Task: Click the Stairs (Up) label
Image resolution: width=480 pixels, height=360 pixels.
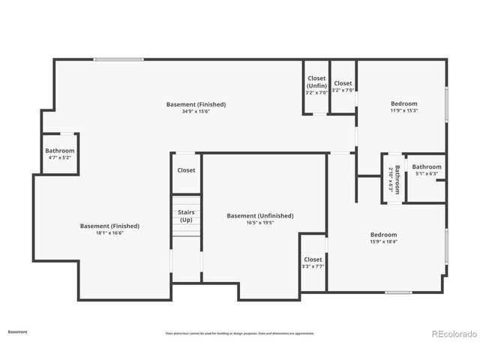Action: [x=185, y=216]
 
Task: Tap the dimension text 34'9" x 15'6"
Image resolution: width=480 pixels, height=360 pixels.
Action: [x=196, y=111]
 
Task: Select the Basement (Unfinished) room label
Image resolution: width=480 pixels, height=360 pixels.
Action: [x=260, y=216]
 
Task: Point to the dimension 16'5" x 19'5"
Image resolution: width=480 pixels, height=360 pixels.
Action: [x=260, y=223]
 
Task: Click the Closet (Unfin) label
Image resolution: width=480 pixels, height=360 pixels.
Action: [x=316, y=82]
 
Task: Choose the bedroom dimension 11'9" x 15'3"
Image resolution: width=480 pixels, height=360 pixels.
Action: [x=403, y=110]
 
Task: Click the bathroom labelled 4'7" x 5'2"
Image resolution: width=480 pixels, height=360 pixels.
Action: [x=60, y=154]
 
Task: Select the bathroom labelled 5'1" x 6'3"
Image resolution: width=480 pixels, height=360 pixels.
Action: [x=427, y=170]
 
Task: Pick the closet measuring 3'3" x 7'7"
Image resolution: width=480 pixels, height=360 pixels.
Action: [x=313, y=262]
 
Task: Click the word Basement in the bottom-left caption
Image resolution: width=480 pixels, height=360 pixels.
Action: [x=17, y=331]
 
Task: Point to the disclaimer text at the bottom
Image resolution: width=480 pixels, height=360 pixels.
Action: [x=240, y=333]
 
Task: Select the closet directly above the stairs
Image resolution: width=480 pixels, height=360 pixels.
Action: [x=186, y=170]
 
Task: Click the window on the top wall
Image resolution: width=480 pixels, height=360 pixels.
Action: [x=118, y=59]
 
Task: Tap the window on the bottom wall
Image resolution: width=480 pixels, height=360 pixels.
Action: [x=398, y=292]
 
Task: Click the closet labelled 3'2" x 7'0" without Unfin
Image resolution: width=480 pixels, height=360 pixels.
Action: [x=343, y=87]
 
